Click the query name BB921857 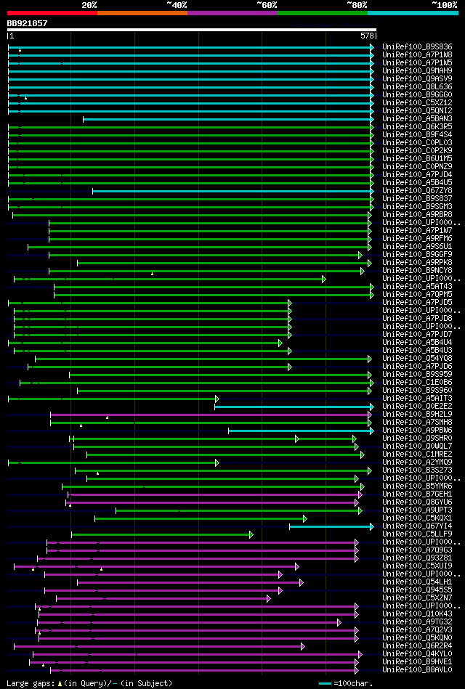point(27,23)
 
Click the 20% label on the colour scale point(89,4)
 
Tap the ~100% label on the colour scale point(444,4)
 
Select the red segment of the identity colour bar point(52,13)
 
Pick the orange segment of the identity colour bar point(142,13)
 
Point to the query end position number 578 point(367,35)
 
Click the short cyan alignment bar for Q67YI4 point(331,526)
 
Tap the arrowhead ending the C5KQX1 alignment point(305,518)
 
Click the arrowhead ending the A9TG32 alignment point(339,622)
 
